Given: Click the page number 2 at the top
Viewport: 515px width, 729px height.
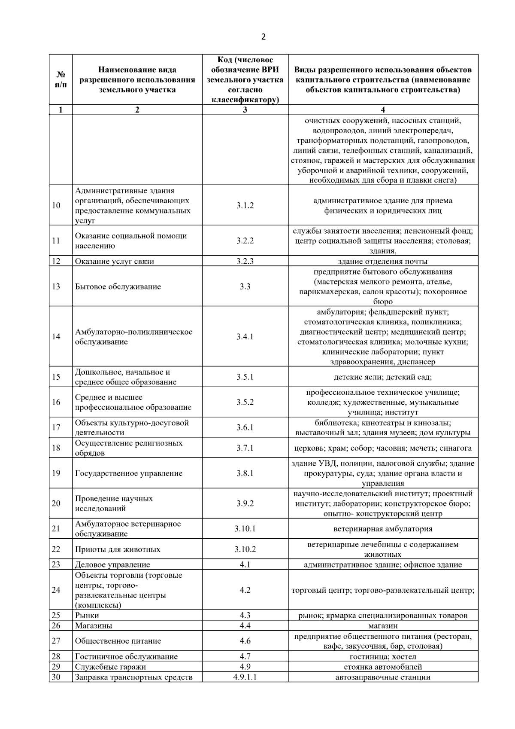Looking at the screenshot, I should (263, 37).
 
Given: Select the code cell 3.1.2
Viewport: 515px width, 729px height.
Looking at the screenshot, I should (245, 205).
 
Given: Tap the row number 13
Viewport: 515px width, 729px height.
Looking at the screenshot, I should (56, 286).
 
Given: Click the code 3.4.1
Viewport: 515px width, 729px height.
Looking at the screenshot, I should (245, 336).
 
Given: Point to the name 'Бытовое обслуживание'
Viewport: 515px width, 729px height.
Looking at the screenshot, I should (118, 287).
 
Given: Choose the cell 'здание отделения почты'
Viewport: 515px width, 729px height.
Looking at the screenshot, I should (383, 261).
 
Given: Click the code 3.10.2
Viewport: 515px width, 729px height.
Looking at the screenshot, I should (245, 549).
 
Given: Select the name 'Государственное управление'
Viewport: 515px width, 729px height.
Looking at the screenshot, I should (129, 473).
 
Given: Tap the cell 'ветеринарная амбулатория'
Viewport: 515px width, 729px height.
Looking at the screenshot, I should (383, 529).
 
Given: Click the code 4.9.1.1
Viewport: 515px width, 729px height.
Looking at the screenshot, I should (245, 677).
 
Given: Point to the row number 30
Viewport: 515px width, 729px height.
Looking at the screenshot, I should (56, 677).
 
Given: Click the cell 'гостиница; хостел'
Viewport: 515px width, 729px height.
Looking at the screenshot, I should (383, 656).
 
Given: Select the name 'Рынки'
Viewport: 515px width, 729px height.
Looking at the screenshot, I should (87, 615).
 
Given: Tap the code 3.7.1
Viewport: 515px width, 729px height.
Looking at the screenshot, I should (245, 448).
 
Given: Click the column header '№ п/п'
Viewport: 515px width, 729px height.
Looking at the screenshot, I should (61, 79).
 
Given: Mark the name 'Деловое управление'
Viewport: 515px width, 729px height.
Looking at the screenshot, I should (112, 564).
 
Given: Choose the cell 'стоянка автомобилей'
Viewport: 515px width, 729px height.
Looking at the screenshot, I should (383, 667).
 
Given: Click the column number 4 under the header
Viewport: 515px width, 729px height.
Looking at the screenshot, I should (383, 110).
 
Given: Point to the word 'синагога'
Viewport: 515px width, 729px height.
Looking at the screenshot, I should (455, 448).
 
